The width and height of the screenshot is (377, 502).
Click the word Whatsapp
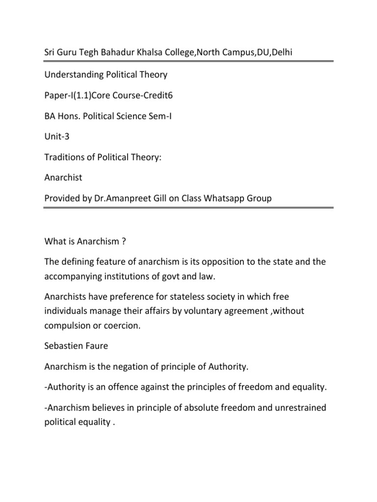pyautogui.click(x=222, y=199)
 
